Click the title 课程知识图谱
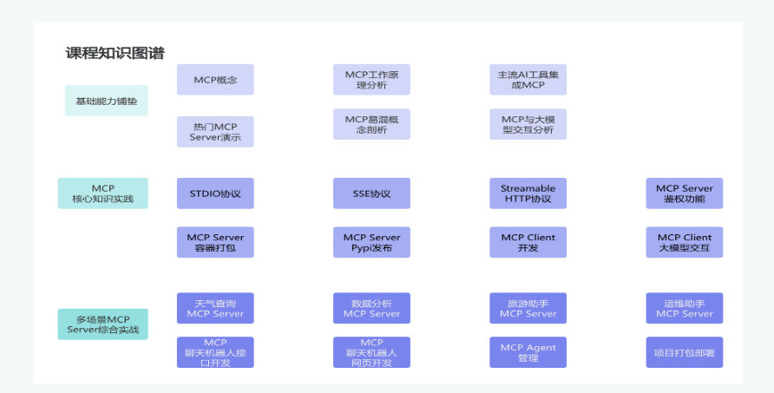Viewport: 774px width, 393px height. click(x=115, y=53)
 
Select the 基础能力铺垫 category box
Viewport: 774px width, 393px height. click(x=106, y=101)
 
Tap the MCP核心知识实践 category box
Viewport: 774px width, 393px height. click(x=102, y=193)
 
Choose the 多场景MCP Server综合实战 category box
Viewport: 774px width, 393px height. click(x=102, y=324)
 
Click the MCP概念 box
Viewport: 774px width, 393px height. click(x=215, y=80)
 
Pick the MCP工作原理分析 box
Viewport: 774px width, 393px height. click(x=371, y=80)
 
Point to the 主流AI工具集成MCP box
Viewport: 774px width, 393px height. click(x=528, y=80)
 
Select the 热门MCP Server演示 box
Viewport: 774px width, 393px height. click(x=215, y=132)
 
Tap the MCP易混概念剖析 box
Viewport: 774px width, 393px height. click(x=371, y=124)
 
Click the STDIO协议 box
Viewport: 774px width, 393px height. click(x=215, y=193)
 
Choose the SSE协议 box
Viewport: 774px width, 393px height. click(x=371, y=193)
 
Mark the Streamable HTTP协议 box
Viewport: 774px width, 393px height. click(x=528, y=193)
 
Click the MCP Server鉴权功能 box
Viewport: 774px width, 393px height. click(x=684, y=193)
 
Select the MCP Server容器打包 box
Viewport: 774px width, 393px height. click(x=215, y=242)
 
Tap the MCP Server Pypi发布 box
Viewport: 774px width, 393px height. click(x=371, y=242)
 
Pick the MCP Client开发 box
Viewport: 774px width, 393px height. click(x=528, y=242)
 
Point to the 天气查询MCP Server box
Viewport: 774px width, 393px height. click(x=215, y=308)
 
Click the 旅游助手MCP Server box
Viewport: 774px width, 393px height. click(x=528, y=308)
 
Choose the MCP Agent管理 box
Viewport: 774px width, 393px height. click(x=528, y=352)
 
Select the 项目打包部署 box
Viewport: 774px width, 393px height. click(x=684, y=352)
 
